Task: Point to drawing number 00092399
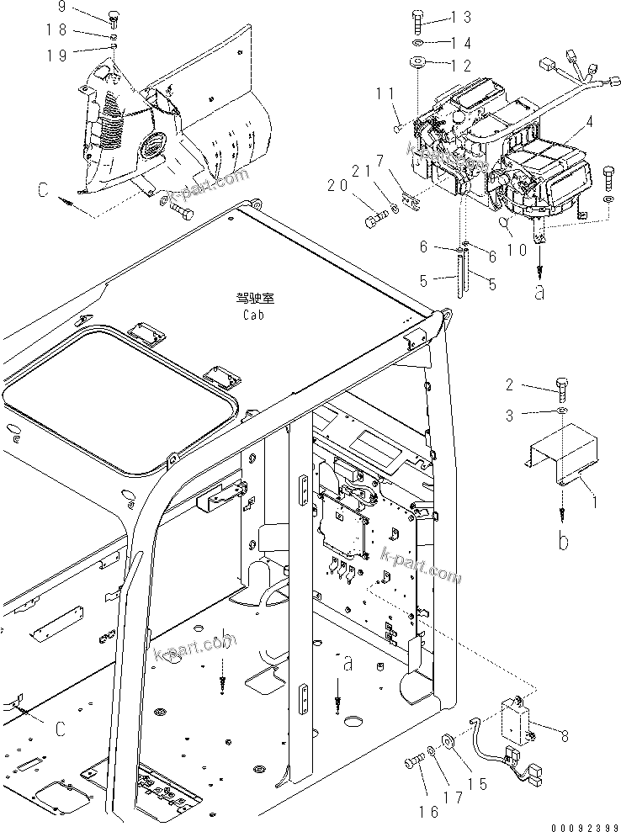(x=586, y=825)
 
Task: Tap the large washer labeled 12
(x=417, y=62)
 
